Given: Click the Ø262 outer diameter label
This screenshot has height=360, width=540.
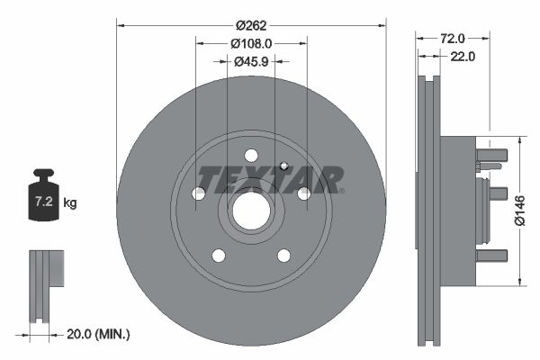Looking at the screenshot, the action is [x=251, y=25].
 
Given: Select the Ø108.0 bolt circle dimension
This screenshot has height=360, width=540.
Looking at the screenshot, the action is [x=251, y=44].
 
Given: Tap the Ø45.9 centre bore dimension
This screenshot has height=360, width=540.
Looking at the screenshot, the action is [x=251, y=62].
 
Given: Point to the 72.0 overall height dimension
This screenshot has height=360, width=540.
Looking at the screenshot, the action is [x=453, y=38].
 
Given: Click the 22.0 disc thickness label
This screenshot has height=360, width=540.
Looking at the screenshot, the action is [x=463, y=56].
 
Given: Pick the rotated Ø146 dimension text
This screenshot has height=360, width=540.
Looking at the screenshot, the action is [x=519, y=211].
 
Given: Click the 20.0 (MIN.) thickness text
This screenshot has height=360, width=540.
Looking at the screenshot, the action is [x=98, y=334].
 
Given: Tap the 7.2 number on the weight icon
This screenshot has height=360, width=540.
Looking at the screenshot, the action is [x=44, y=202].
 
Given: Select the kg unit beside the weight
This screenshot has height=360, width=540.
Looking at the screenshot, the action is [x=70, y=202].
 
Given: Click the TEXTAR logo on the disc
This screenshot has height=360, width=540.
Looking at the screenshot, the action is [x=270, y=180].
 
